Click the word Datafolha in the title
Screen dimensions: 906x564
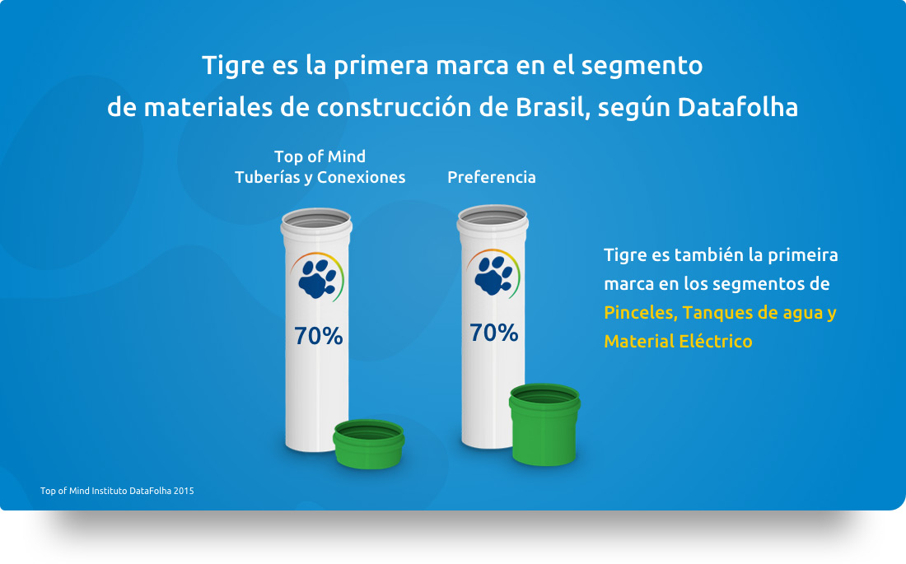tap(737, 108)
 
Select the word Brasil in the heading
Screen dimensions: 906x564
tap(553, 108)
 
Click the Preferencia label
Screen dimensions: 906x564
tap(491, 177)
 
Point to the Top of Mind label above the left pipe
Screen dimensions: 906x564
tap(320, 156)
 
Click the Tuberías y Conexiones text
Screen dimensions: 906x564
tap(320, 177)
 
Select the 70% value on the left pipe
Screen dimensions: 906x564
tap(319, 336)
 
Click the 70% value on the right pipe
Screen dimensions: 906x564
tap(493, 333)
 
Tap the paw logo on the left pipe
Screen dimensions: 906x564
tap(317, 278)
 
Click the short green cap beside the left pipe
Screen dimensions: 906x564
tap(369, 444)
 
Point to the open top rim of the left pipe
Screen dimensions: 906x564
tap(316, 221)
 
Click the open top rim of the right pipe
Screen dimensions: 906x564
tap(493, 217)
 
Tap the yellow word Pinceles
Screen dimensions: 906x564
tap(640, 313)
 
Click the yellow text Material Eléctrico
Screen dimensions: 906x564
tap(678, 342)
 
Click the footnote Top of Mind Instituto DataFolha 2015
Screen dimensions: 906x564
tap(117, 491)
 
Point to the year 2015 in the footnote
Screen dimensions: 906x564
tap(184, 491)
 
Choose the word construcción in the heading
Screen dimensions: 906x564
tap(394, 108)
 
